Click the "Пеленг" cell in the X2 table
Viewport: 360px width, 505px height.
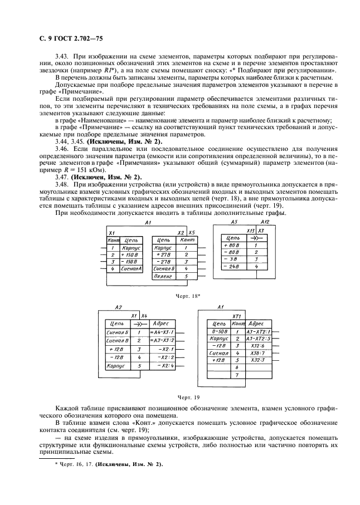163,276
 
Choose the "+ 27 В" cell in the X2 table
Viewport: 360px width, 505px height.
163,254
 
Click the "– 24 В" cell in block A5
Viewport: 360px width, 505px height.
231,267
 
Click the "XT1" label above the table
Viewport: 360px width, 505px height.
236,315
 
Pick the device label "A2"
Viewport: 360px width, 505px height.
118,307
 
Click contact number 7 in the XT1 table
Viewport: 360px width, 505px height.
237,375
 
